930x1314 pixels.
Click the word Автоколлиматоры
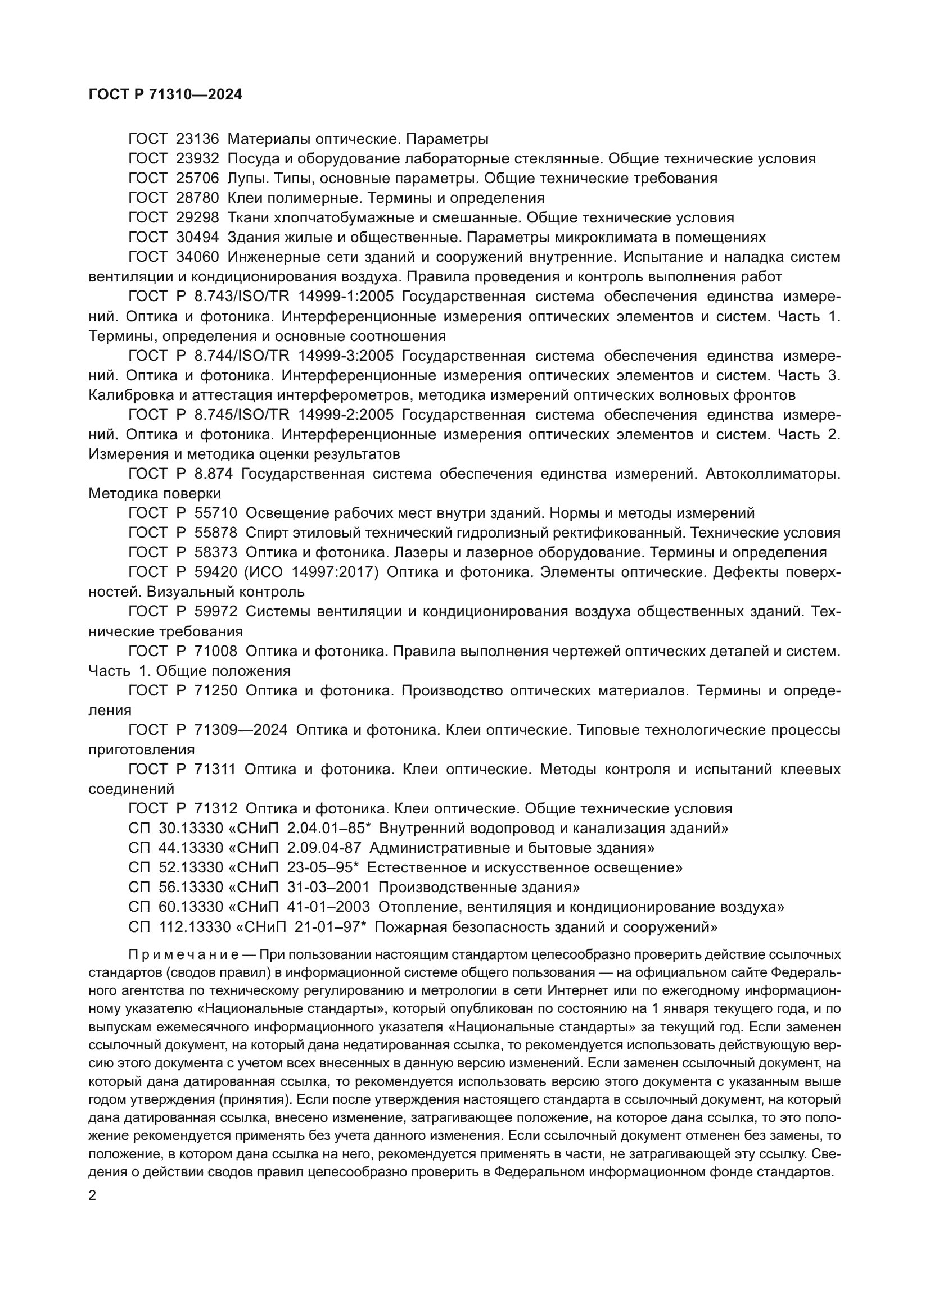coord(773,474)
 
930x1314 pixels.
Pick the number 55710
coord(215,513)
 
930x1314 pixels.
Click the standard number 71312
coord(215,808)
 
